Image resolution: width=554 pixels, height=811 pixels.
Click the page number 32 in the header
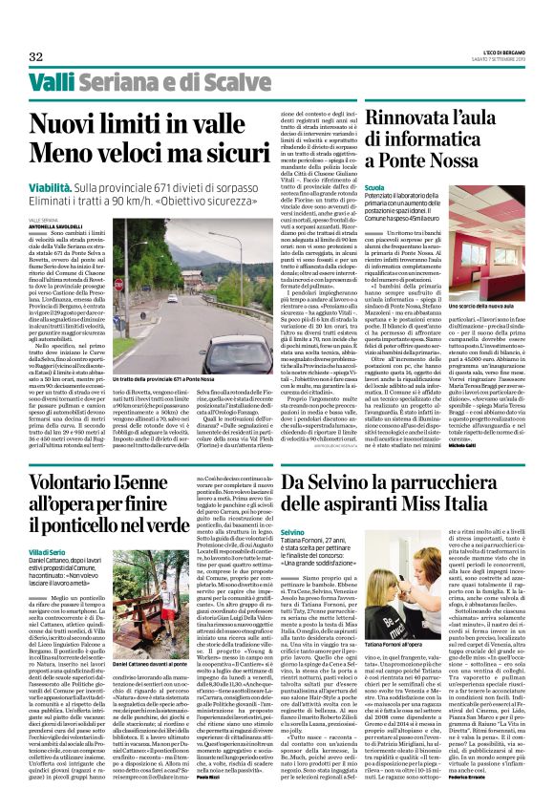(x=35, y=57)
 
